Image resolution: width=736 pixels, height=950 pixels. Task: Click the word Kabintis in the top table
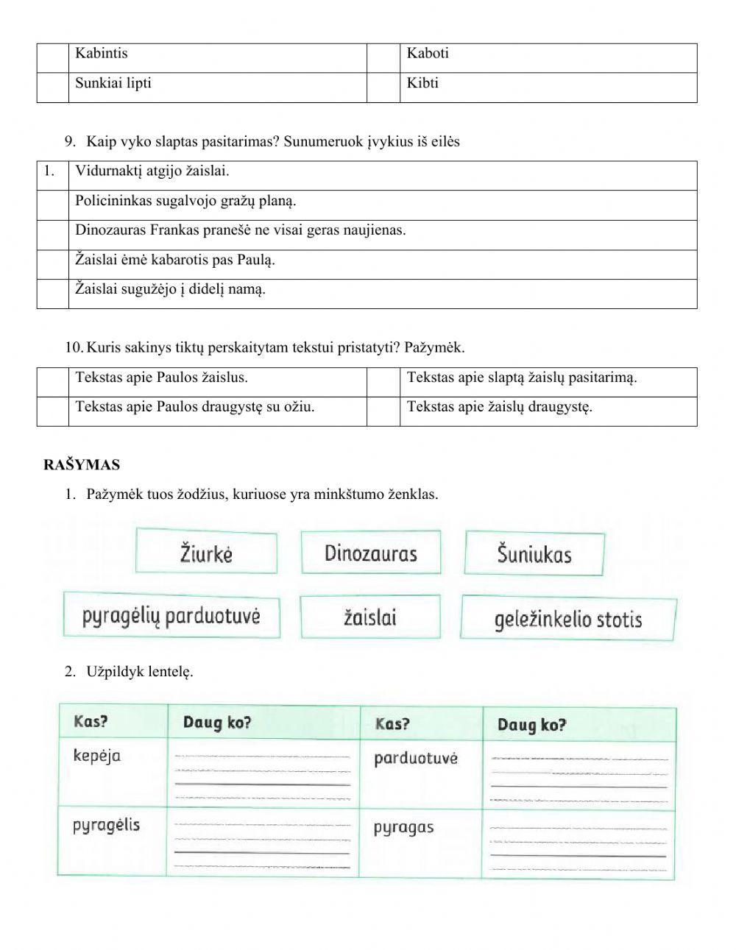pyautogui.click(x=102, y=54)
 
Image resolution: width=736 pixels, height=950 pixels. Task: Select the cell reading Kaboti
pyautogui.click(x=428, y=54)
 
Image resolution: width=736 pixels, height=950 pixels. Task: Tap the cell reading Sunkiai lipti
pyautogui.click(x=113, y=83)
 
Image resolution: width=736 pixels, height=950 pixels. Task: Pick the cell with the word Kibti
pyautogui.click(x=422, y=83)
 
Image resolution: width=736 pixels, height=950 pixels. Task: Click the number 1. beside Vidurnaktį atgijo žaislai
pyautogui.click(x=50, y=171)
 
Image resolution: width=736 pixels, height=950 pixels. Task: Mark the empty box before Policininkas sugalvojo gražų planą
pyautogui.click(x=53, y=205)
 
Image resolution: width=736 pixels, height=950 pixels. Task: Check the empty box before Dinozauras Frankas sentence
pyautogui.click(x=53, y=235)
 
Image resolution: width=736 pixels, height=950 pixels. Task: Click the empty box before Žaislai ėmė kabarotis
pyautogui.click(x=53, y=264)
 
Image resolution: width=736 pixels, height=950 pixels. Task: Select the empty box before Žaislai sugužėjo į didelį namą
pyautogui.click(x=53, y=294)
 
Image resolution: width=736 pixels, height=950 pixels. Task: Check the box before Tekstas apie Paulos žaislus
pyautogui.click(x=53, y=382)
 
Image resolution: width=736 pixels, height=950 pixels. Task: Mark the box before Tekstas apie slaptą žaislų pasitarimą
pyautogui.click(x=383, y=382)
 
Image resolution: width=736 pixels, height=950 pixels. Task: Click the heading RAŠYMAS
pyautogui.click(x=82, y=465)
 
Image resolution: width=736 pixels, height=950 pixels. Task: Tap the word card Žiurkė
pyautogui.click(x=207, y=552)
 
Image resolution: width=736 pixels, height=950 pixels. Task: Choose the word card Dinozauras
pyautogui.click(x=371, y=553)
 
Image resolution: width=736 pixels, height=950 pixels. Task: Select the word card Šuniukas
pyautogui.click(x=534, y=554)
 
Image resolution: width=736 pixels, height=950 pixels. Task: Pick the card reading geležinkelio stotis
pyautogui.click(x=568, y=619)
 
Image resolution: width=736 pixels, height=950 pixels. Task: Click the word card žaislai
pyautogui.click(x=370, y=617)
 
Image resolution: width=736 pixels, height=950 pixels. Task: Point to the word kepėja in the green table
pyautogui.click(x=97, y=756)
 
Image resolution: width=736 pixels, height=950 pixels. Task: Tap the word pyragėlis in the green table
pyautogui.click(x=106, y=825)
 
